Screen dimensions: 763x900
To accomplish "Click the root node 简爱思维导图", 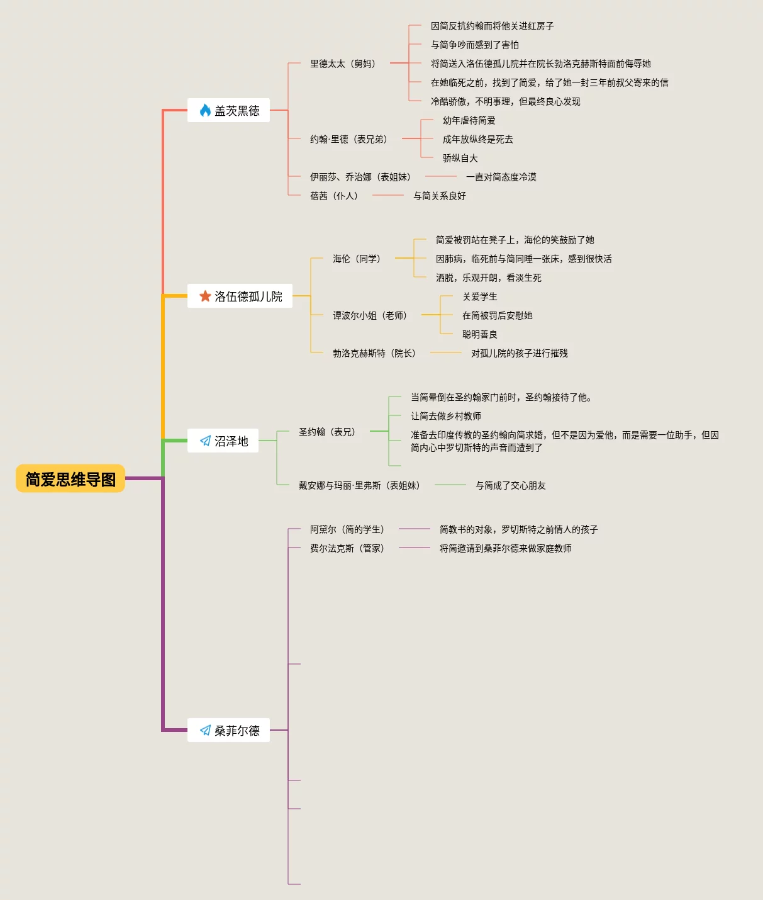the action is click(x=70, y=479).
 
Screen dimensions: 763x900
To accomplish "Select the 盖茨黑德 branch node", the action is click(x=228, y=111).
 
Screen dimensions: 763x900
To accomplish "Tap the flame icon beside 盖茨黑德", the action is click(x=205, y=111).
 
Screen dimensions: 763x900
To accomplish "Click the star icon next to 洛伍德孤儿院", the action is click(x=205, y=296).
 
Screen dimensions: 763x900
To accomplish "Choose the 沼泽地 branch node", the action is click(x=223, y=441).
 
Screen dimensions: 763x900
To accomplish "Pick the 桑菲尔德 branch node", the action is click(x=228, y=730).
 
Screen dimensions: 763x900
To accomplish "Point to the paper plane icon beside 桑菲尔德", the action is click(x=205, y=730).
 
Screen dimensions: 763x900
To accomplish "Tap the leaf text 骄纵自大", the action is click(x=460, y=158).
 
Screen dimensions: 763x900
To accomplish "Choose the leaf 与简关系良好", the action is click(x=439, y=196).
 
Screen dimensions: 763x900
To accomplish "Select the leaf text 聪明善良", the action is click(x=479, y=334).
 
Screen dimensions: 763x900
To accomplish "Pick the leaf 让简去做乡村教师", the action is click(x=445, y=416).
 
